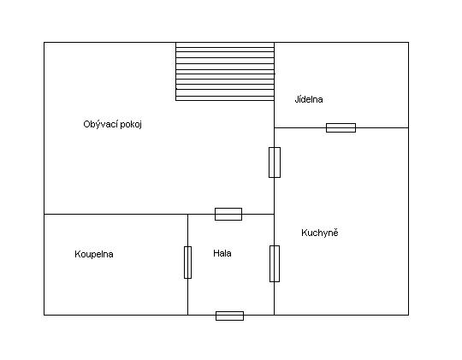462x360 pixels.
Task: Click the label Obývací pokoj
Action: tap(113, 124)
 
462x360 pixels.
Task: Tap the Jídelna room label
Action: tap(309, 99)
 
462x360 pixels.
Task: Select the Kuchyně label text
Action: tap(320, 233)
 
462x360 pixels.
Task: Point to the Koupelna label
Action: tap(94, 254)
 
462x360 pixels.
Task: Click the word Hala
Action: tap(222, 253)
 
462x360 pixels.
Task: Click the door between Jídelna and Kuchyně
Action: tap(341, 128)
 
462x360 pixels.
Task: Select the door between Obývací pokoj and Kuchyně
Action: tap(275, 162)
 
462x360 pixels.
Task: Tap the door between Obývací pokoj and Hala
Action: tap(228, 214)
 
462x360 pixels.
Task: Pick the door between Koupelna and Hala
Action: tap(187, 263)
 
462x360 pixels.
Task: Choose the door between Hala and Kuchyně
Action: tap(275, 263)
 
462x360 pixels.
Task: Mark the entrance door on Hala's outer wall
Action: tap(229, 316)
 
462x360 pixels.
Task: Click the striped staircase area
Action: tap(225, 72)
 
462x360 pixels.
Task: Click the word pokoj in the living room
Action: tap(131, 125)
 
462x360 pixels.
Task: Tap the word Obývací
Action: tap(100, 124)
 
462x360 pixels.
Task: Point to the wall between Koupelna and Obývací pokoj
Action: tap(115, 214)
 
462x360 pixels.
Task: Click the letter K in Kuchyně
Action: tap(304, 233)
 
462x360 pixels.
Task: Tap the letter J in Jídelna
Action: tap(297, 99)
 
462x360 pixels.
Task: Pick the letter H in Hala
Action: tap(216, 253)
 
